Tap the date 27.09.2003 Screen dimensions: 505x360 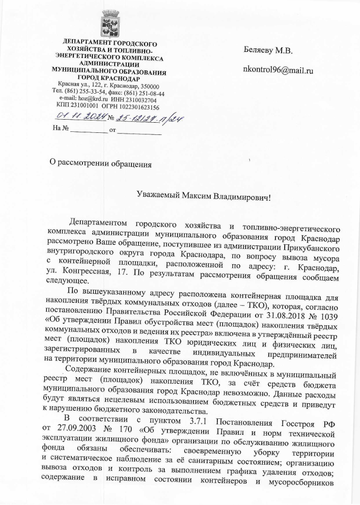tap(66, 432)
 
